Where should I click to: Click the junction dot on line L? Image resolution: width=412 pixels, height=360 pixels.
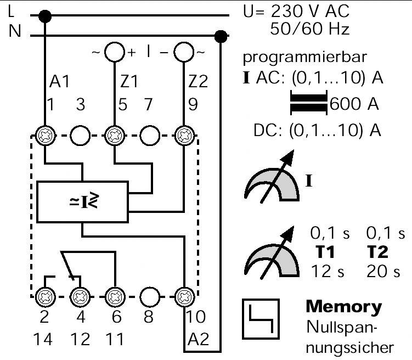coord(45,16)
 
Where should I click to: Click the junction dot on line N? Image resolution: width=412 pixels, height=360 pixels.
coord(221,36)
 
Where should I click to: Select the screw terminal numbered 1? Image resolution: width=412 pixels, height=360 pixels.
coord(45,136)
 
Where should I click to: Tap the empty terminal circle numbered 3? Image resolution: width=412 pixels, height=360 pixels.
coord(80,136)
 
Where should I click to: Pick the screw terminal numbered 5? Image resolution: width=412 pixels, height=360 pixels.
coord(115,136)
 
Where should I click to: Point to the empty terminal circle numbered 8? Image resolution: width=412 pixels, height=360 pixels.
coord(150,297)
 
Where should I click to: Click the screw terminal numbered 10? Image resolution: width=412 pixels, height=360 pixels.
coord(184,297)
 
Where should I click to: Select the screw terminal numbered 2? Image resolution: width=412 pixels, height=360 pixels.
coord(45,297)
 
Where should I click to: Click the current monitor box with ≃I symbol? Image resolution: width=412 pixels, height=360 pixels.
coord(82,202)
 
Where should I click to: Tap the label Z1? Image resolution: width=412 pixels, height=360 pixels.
coord(129,81)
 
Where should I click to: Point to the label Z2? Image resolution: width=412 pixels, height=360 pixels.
coord(198,81)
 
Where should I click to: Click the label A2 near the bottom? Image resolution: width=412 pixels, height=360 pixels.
coord(199,339)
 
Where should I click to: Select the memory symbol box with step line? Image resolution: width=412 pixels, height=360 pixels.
coord(261,319)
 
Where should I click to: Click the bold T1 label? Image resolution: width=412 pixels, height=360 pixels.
coord(325,251)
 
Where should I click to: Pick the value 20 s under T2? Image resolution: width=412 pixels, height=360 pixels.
coord(383,272)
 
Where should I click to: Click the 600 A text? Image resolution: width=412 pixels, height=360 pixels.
coord(354,104)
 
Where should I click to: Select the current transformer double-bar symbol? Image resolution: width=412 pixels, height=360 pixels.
coord(309,103)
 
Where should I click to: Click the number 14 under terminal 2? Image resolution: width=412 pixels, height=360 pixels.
coord(43,339)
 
